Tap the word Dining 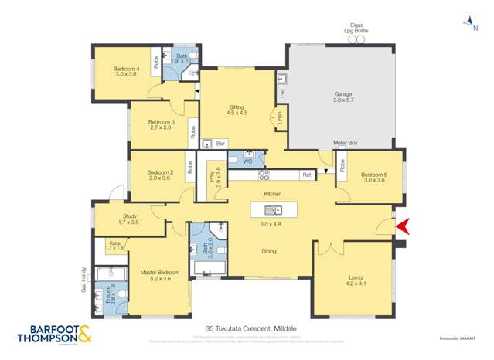269,250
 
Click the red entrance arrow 402,226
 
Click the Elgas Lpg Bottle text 356,29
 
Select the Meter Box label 345,144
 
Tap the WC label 247,161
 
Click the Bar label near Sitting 220,144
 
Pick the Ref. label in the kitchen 306,175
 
